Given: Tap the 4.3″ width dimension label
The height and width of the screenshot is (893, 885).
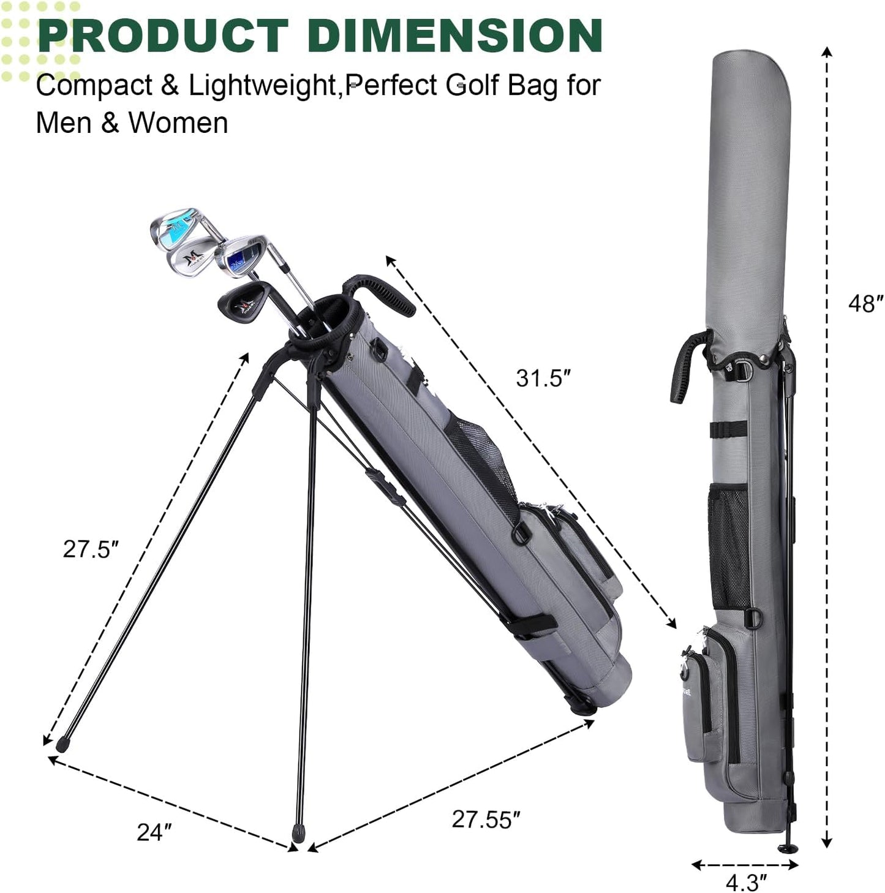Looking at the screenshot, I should (745, 882).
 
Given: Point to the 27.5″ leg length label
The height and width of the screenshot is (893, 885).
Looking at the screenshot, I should (90, 549).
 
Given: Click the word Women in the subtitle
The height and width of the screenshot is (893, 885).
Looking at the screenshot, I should (178, 122).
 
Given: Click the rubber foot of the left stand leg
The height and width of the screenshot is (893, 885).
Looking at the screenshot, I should (62, 745).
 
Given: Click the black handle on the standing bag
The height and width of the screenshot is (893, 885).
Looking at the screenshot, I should (385, 292).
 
